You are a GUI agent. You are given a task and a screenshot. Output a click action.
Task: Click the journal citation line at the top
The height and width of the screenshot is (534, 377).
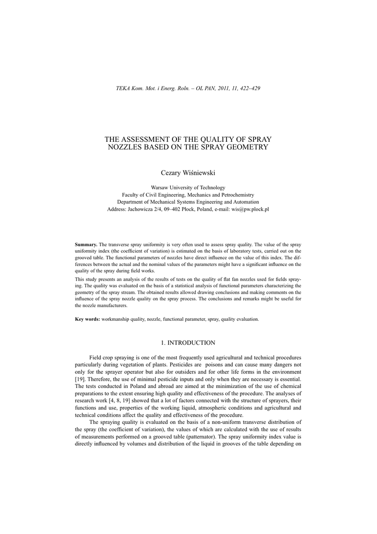188,88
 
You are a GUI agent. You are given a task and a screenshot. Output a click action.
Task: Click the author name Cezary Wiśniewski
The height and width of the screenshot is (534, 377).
188,173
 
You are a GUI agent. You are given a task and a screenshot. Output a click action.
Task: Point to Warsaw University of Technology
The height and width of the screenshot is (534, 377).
188,187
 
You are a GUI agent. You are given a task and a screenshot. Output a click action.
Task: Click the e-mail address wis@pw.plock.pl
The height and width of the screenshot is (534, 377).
250,209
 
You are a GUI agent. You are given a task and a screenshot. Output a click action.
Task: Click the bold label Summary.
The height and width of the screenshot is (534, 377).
86,245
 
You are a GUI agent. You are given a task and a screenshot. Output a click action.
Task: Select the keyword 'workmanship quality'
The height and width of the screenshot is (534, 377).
125,319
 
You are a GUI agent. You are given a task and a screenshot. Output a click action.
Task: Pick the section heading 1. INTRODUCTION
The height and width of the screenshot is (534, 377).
188,343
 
